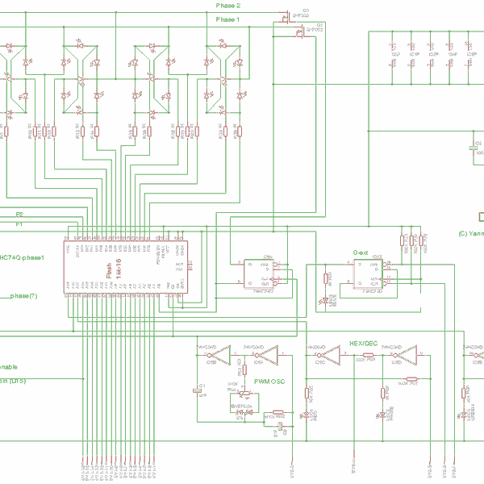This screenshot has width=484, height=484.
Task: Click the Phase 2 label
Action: coord(227,5)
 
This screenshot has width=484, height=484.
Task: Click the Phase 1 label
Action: coord(227,19)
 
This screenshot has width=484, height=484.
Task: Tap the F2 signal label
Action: coord(19,214)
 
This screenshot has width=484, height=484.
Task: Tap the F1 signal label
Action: coord(19,223)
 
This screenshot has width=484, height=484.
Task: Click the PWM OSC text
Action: coord(269,380)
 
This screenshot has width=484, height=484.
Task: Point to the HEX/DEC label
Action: coord(362,344)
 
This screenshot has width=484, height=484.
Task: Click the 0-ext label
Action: coord(361,252)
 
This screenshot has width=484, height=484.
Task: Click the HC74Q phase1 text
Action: coord(21,257)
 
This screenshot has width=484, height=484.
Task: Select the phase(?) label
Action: coord(24,296)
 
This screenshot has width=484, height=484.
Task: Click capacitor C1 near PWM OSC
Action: coord(200,390)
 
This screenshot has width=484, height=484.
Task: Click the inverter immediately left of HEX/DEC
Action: coord(320,353)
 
